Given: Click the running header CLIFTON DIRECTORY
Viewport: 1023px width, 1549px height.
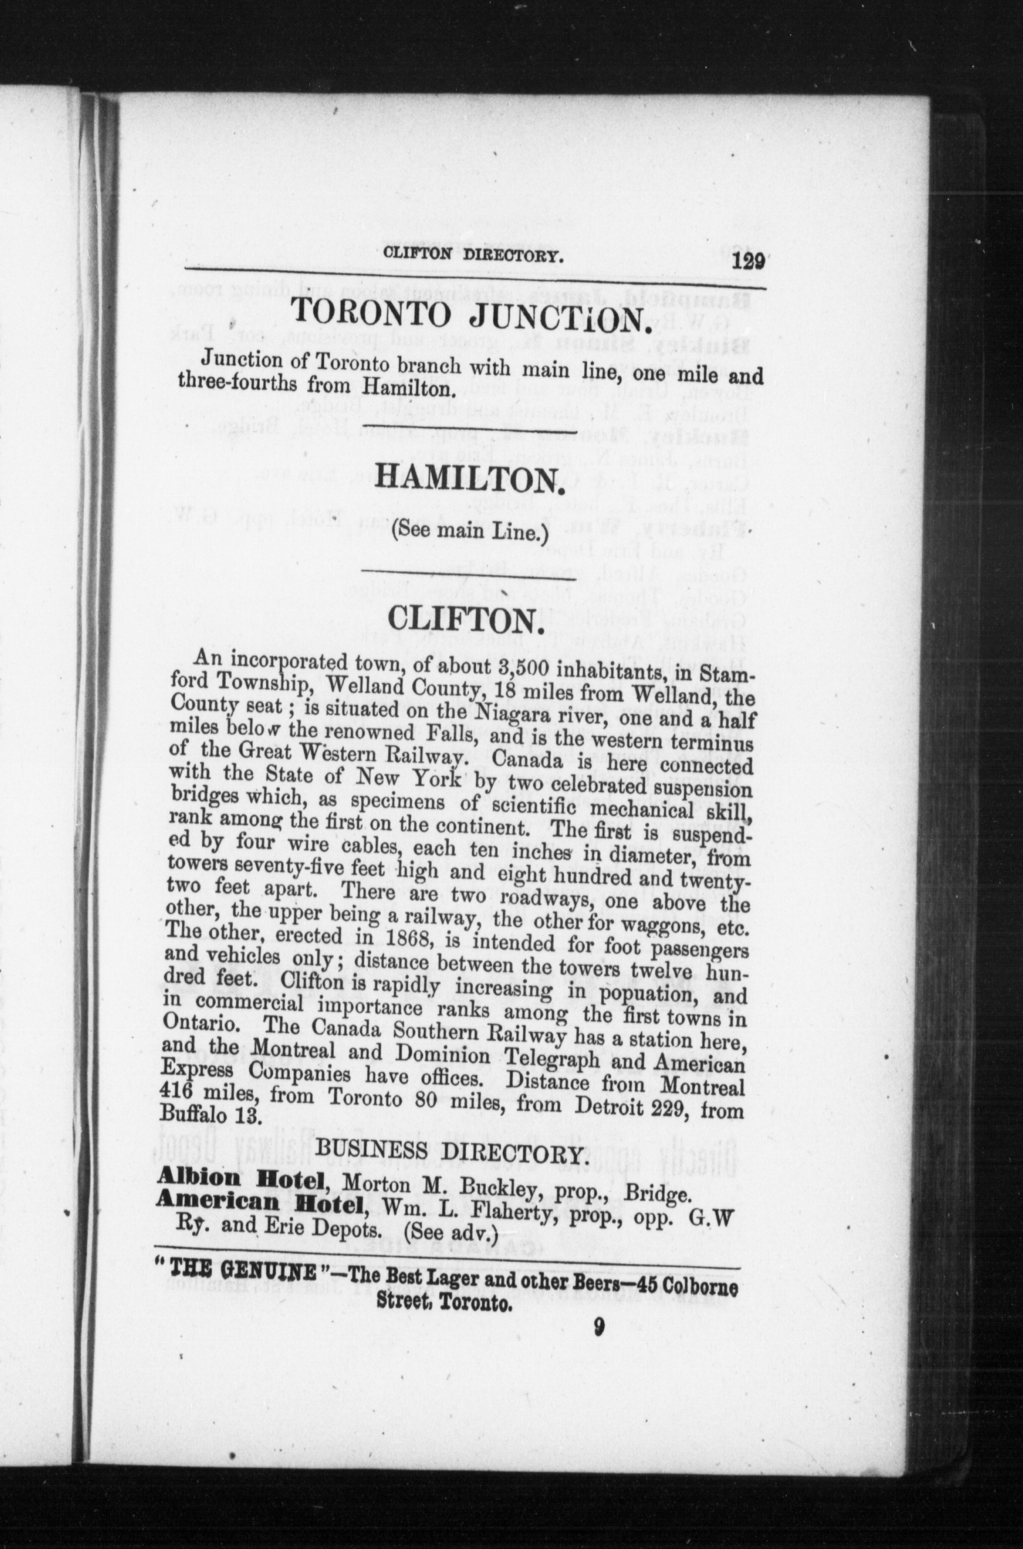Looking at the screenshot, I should [473, 254].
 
